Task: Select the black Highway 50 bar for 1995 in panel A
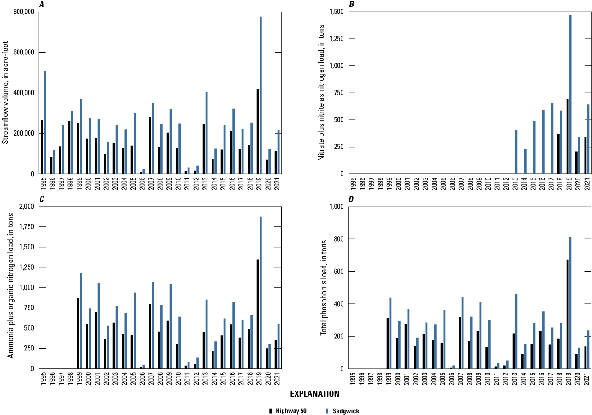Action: [x=42, y=147]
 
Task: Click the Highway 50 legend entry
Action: [x=289, y=411]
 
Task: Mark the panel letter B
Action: [x=352, y=5]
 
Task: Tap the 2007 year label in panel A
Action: [x=151, y=183]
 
